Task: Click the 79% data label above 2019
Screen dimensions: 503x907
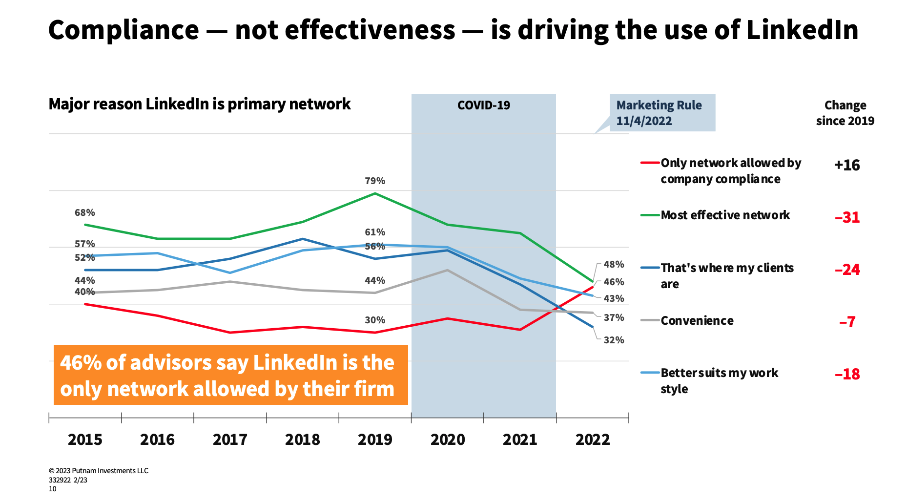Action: pyautogui.click(x=375, y=181)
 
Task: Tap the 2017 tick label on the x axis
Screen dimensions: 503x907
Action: pyautogui.click(x=230, y=440)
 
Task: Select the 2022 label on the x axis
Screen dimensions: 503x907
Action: pyautogui.click(x=593, y=440)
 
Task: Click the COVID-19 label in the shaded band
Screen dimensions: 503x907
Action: pyautogui.click(x=483, y=105)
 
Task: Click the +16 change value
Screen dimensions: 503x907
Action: pyautogui.click(x=847, y=165)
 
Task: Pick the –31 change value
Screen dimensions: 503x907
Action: pyautogui.click(x=847, y=217)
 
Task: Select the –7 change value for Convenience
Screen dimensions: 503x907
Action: pyautogui.click(x=847, y=322)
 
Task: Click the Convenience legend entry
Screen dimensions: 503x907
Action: pyautogui.click(x=697, y=321)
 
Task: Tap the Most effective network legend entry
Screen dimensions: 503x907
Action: pyautogui.click(x=725, y=215)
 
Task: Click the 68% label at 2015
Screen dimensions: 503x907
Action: pyautogui.click(x=85, y=213)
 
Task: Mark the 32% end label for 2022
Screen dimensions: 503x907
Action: pyautogui.click(x=614, y=340)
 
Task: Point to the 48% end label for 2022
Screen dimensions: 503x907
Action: pyautogui.click(x=614, y=265)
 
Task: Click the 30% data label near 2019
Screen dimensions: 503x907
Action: pyautogui.click(x=375, y=320)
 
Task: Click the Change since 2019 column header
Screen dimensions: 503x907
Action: pyautogui.click(x=845, y=113)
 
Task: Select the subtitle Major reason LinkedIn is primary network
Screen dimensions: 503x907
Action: pyautogui.click(x=200, y=105)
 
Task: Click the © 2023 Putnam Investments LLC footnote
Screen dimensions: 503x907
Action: pyautogui.click(x=99, y=471)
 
